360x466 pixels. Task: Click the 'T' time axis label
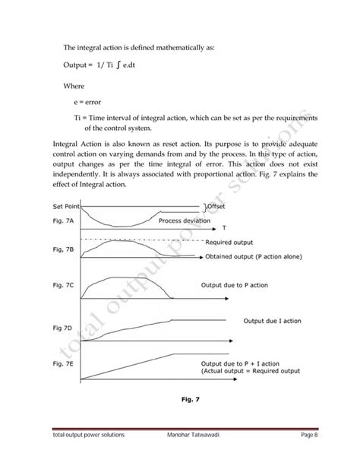coord(225,227)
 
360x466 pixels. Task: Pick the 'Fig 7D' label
coord(64,327)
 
